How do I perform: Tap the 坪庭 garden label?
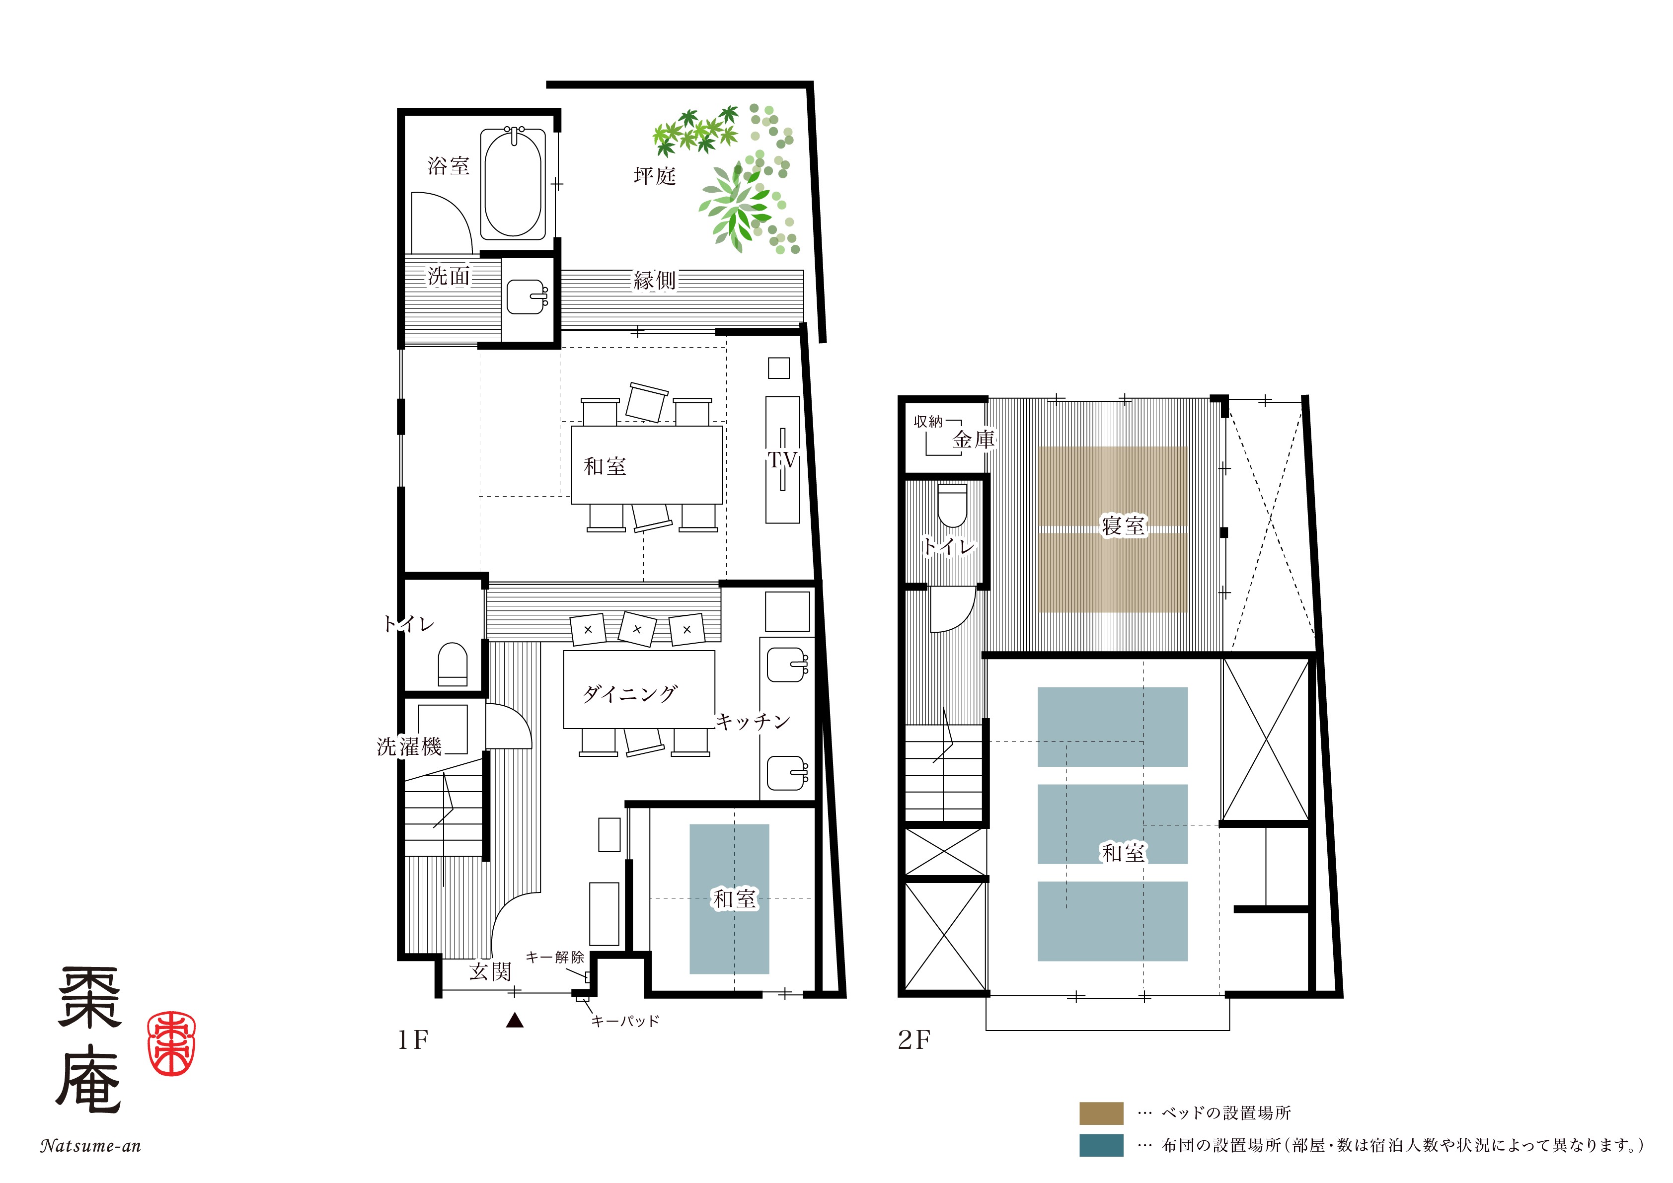pyautogui.click(x=654, y=175)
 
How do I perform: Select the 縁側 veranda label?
pyautogui.click(x=654, y=281)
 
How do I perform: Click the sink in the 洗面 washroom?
pyautogui.click(x=526, y=296)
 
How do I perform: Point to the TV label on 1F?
pyautogui.click(x=782, y=460)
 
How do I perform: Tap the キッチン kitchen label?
pyautogui.click(x=753, y=721)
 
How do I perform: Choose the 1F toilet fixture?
pyautogui.click(x=453, y=664)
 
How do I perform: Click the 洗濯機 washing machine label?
pyautogui.click(x=409, y=746)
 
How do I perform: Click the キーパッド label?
pyautogui.click(x=625, y=1021)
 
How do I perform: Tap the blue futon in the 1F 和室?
pyautogui.click(x=729, y=899)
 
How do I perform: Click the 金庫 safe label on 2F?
pyautogui.click(x=974, y=439)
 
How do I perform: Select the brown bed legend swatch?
pyautogui.click(x=1101, y=1113)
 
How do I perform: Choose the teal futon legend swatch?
pyautogui.click(x=1101, y=1145)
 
